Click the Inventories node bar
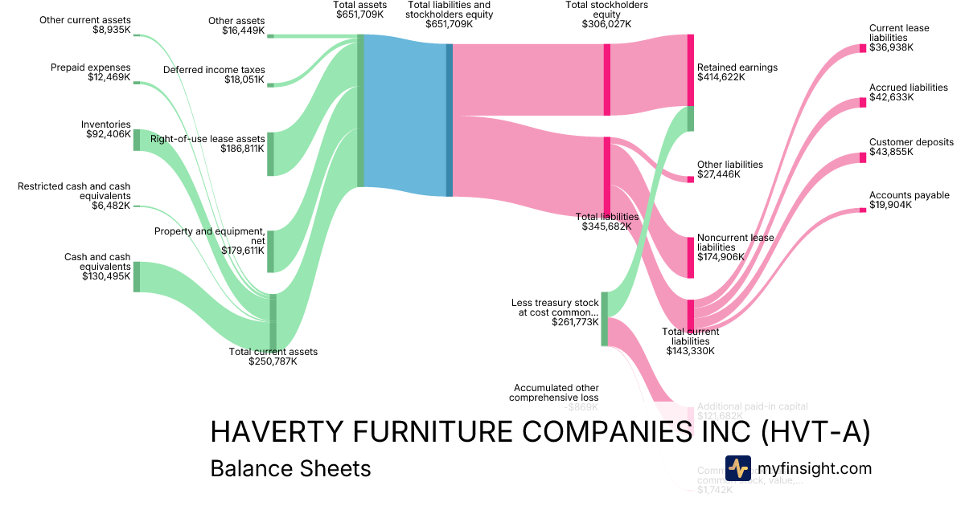pos(137,140)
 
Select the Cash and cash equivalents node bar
pos(137,276)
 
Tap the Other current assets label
pos(85,20)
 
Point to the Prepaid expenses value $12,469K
pos(109,77)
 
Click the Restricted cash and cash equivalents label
pos(74,191)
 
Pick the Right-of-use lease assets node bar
pos(270,153)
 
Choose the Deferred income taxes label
pos(214,70)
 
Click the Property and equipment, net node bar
pos(270,251)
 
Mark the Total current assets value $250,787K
pos(273,361)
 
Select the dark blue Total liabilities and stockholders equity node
pos(450,120)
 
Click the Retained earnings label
pos(737,67)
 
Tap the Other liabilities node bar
pos(690,179)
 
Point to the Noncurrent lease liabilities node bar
pos(690,257)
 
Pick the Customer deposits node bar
pos(863,157)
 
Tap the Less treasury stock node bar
pos(604,319)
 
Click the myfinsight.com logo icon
pos(737,468)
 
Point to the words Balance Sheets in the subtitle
pos(290,469)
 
